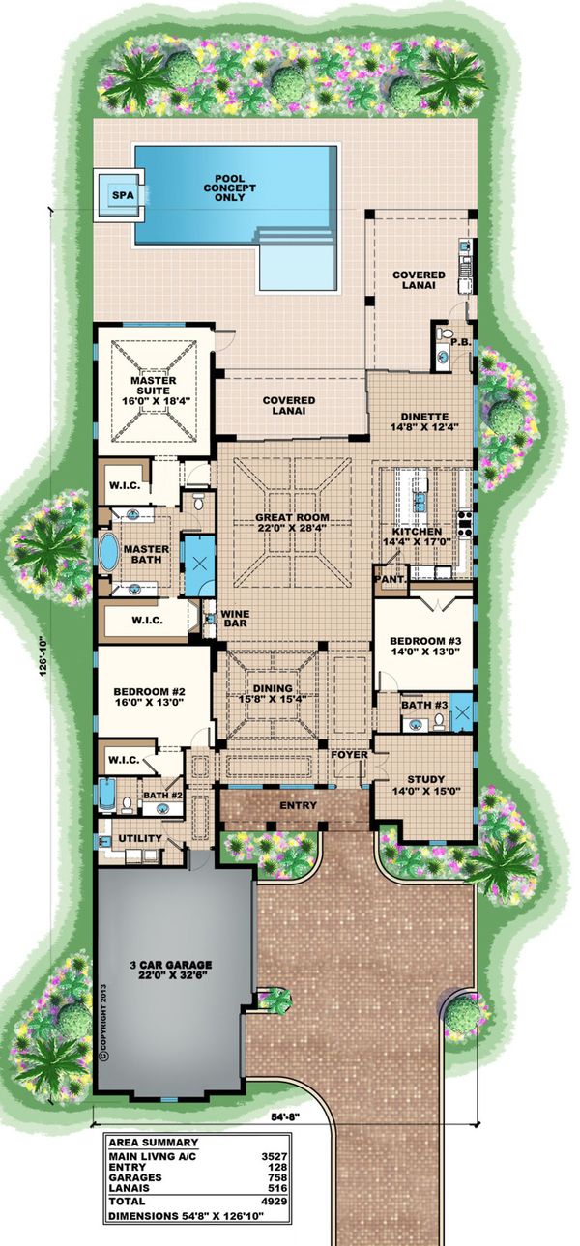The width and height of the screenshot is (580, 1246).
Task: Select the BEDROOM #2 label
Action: coord(149,692)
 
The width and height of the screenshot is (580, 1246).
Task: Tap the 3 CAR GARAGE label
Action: coord(172,965)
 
